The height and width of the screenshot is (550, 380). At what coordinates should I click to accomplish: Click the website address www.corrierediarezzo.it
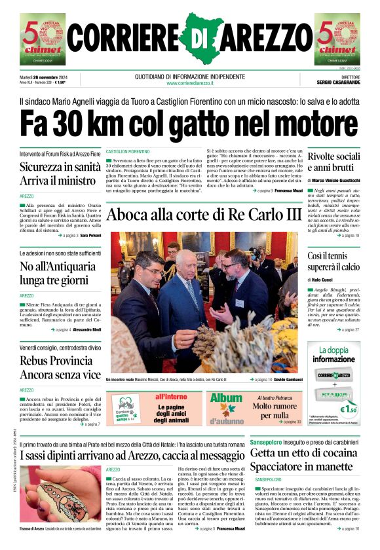point(189,83)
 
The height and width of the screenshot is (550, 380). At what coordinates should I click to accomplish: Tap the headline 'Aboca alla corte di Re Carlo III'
point(204,215)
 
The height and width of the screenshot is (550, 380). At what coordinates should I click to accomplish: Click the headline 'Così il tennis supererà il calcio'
point(333,262)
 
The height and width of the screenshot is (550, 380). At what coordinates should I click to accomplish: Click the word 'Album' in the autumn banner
point(226,398)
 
